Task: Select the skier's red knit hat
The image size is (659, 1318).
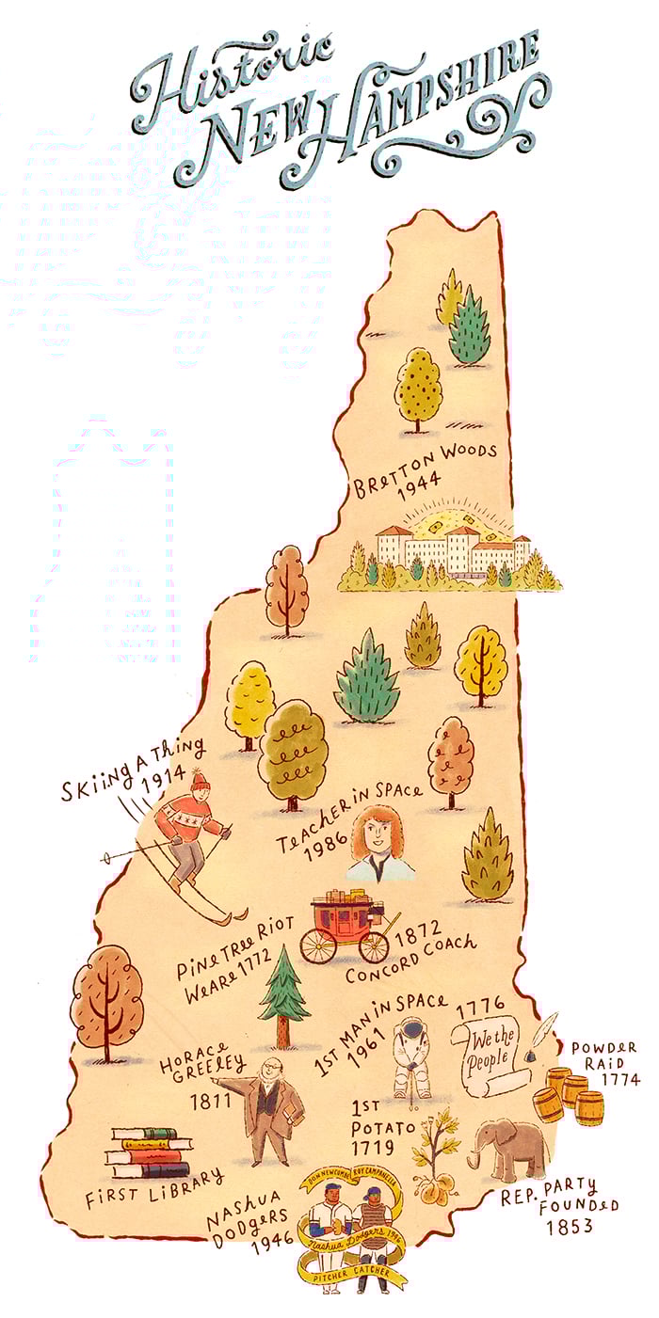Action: tap(199, 781)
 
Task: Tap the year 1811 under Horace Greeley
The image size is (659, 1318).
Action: tap(210, 1098)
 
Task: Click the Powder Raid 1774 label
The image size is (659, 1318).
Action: tap(603, 1063)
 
